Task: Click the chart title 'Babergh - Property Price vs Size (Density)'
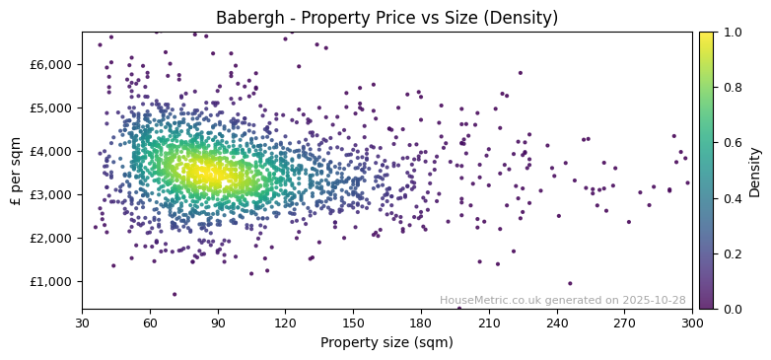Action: [386, 18]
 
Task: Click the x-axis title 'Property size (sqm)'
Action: [386, 343]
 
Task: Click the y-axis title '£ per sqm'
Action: [16, 171]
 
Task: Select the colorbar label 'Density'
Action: [754, 171]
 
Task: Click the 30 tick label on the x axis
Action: [82, 323]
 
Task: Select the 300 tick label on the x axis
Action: [692, 323]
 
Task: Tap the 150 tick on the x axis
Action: [353, 323]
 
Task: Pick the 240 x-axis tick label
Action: [557, 323]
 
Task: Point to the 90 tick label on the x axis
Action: [218, 323]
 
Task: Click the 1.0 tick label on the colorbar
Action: [732, 32]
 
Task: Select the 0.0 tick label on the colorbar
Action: [732, 309]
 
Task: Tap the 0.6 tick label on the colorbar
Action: [732, 143]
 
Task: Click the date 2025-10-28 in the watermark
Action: [654, 300]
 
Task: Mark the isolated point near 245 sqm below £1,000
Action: [569, 283]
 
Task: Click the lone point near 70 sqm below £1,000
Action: [175, 294]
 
